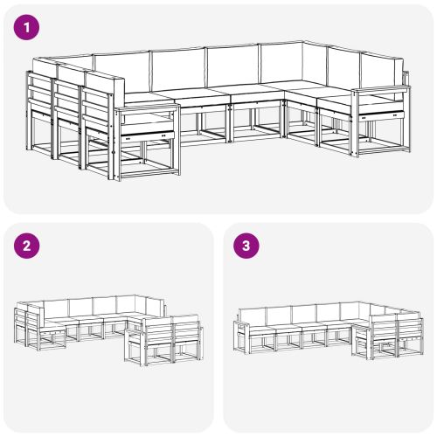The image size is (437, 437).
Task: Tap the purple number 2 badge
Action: pyautogui.click(x=28, y=246)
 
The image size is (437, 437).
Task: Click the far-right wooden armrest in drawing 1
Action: pyautogui.click(x=382, y=90)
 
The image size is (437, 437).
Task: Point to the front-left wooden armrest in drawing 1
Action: pyautogui.click(x=149, y=110)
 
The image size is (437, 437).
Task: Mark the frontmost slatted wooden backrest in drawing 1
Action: pyautogui.click(x=98, y=114)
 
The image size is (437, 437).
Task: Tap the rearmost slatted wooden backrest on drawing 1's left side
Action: pyautogui.click(x=39, y=96)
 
